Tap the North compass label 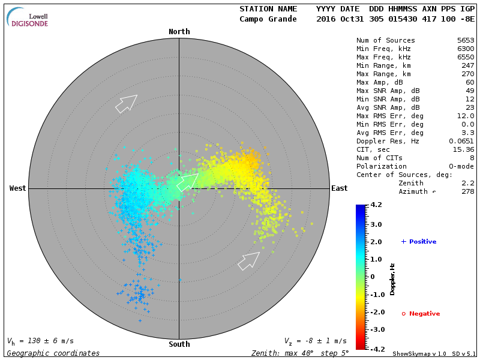pos(179,32)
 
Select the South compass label pos(179,344)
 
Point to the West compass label pos(18,188)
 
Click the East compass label pos(340,188)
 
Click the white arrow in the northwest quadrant pos(126,103)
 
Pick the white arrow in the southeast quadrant pos(249,261)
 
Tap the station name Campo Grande pos(268,19)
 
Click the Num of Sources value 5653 pos(466,41)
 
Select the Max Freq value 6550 pos(466,58)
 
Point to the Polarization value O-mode pos(460,167)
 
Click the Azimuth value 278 pos(468,192)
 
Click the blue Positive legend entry pos(419,242)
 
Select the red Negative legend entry pos(421,314)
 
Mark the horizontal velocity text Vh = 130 pos(40,341)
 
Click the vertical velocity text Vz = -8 pos(315,341)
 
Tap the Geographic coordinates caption pos(53,353)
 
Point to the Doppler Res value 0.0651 pos(462,142)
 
